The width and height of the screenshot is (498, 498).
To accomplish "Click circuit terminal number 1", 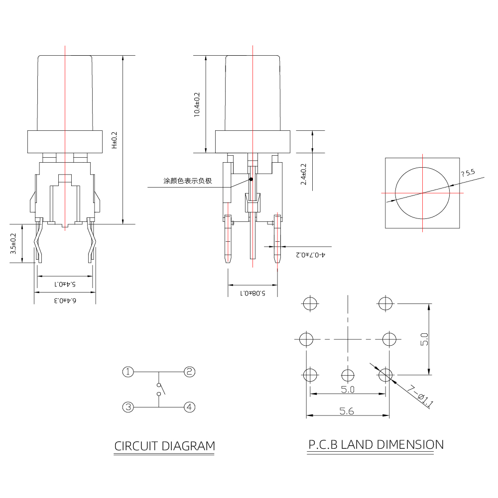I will click(128, 372).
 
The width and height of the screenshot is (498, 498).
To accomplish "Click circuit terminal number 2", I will click(189, 372).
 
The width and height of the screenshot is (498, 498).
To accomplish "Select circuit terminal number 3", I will click(128, 407).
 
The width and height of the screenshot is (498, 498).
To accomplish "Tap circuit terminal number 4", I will click(189, 407).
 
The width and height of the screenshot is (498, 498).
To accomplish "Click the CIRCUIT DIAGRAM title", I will click(165, 446).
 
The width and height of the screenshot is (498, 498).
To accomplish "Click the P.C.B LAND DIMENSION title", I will click(375, 444).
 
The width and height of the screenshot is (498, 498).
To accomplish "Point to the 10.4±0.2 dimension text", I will click(196, 104).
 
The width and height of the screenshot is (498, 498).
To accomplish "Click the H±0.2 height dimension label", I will click(114, 140).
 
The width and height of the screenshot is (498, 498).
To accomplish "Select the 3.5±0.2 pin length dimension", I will click(14, 244).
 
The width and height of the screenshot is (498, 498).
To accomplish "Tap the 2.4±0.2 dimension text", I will click(304, 175).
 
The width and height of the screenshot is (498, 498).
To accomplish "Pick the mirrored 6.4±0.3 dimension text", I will click(65, 300).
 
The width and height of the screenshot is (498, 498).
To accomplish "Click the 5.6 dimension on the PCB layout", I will click(348, 411).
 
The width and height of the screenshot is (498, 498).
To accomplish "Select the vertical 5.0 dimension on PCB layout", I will click(424, 339).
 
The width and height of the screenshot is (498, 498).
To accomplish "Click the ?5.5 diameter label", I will click(468, 173).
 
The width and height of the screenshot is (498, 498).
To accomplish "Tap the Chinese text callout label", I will click(188, 181).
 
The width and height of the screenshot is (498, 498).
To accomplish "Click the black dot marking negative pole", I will click(251, 179).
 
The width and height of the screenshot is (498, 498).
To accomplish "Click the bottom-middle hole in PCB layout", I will click(348, 375).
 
